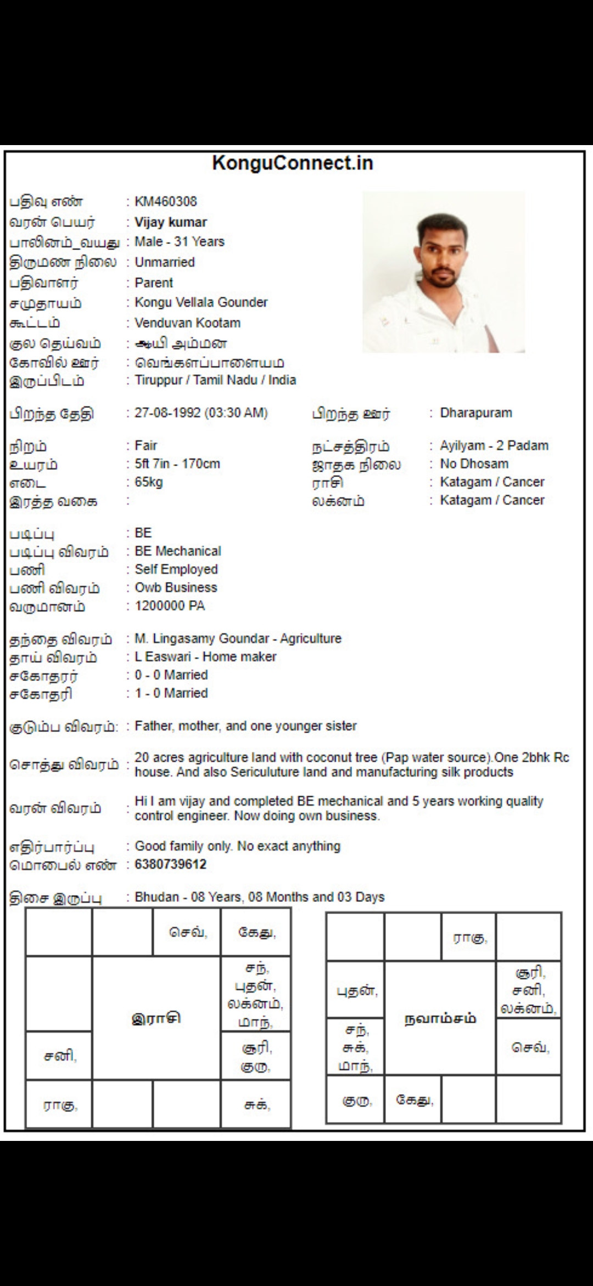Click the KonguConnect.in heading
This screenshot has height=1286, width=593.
coord(292,163)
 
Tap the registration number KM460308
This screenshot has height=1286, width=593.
coord(166,202)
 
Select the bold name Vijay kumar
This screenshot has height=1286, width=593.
coord(171,223)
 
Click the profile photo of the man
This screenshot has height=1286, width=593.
coord(443,272)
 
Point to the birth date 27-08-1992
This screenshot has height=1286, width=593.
coord(168,413)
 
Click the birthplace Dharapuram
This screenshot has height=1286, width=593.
coord(475,413)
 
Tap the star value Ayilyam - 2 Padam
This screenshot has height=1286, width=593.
coord(494,446)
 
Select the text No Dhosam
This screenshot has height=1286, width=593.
coord(474,464)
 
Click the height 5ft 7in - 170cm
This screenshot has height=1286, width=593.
coord(177,464)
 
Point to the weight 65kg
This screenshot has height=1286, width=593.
coord(149,482)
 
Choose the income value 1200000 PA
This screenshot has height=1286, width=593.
coord(170,606)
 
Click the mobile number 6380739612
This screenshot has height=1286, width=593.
coord(171,864)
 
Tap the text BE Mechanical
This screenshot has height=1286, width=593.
coord(178,551)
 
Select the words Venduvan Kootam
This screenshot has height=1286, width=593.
coord(187,323)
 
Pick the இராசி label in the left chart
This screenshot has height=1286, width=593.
coord(156,1018)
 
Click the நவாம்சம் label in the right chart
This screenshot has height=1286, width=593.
coord(440,1018)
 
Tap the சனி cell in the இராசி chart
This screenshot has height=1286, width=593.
coord(59,1056)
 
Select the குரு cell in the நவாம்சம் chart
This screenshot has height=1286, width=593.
coord(355,1101)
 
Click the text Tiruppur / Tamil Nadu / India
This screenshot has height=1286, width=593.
coord(215,380)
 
